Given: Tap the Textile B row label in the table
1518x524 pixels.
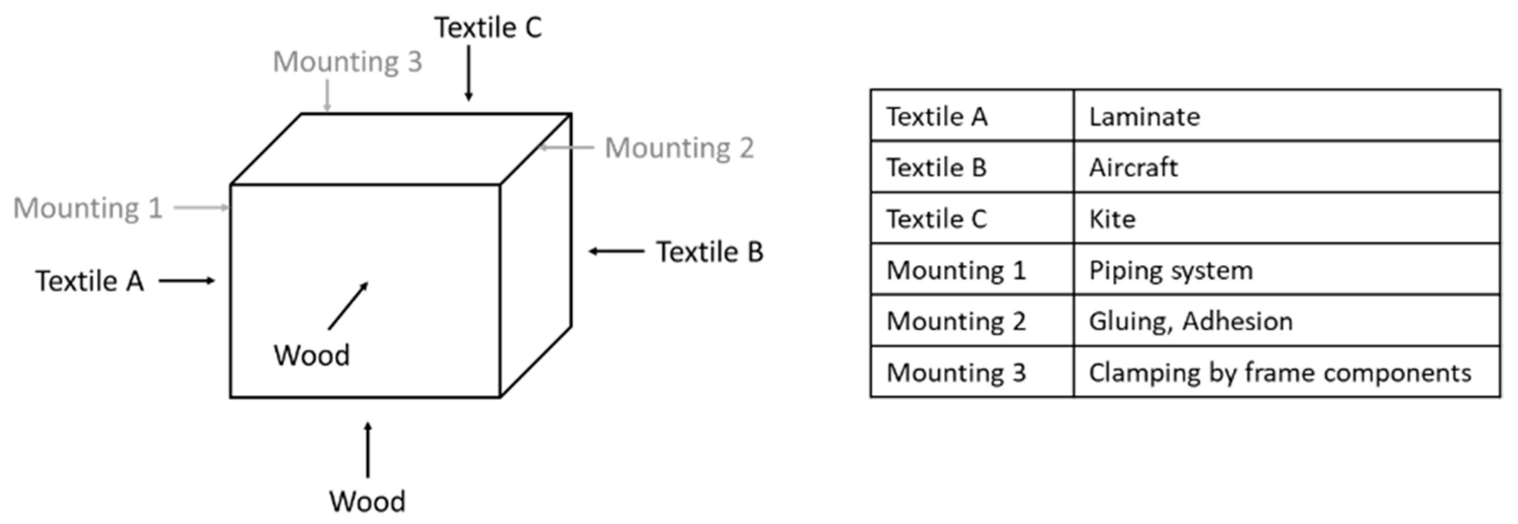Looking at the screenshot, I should pyautogui.click(x=936, y=168).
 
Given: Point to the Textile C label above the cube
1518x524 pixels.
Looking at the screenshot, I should pyautogui.click(x=488, y=28).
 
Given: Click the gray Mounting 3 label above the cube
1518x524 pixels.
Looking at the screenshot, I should pyautogui.click(x=347, y=62).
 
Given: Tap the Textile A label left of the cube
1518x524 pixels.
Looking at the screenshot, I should pyautogui.click(x=89, y=281).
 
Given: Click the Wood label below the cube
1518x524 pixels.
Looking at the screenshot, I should pyautogui.click(x=367, y=501).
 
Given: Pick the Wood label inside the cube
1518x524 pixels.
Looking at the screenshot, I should pyautogui.click(x=311, y=355).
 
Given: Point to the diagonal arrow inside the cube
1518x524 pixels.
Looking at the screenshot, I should pyautogui.click(x=348, y=305).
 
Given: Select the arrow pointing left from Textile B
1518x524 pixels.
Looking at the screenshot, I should pyautogui.click(x=616, y=252).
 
